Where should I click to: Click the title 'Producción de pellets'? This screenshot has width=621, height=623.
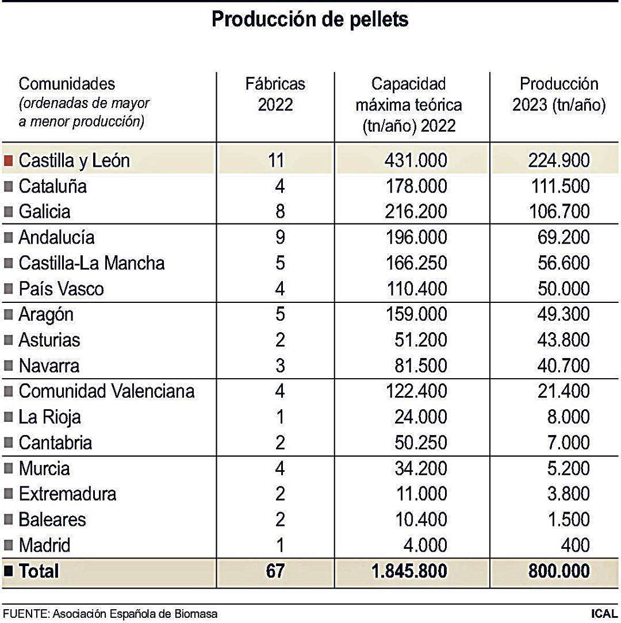coord(310,19)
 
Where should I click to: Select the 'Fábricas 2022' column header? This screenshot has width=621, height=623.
coord(275,94)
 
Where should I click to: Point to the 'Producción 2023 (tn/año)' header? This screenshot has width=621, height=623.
coord(558,95)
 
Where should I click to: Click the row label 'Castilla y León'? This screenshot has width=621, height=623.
coord(74,160)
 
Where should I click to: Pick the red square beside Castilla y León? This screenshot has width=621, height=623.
coord(9,160)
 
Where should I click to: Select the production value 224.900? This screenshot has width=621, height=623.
coord(558,160)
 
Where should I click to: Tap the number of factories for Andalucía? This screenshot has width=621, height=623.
coord(279,237)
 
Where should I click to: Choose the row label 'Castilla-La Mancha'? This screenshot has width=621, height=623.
coord(91,263)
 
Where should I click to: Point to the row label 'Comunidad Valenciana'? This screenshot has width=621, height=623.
coord(106,391)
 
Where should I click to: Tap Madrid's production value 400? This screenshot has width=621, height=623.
coord(575,545)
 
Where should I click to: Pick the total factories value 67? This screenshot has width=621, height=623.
coord(275,571)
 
